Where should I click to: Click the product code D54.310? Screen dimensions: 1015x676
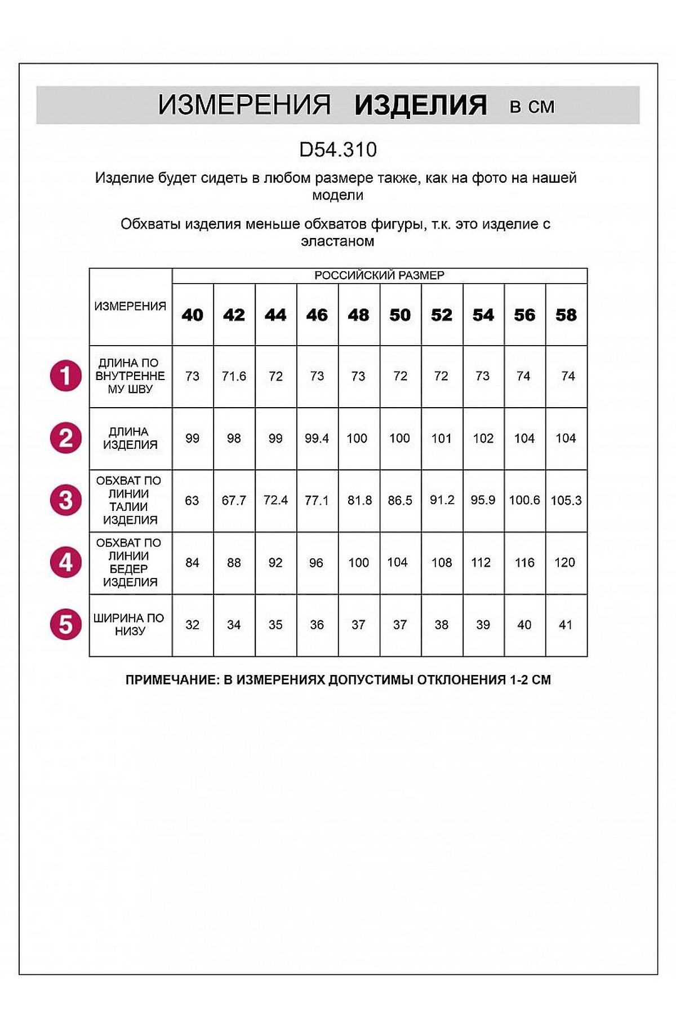pos(338,149)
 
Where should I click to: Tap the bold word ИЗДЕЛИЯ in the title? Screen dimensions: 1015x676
pos(420,105)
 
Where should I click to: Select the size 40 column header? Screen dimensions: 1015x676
pos(193,315)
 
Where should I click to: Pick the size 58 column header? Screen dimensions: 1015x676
pos(566,315)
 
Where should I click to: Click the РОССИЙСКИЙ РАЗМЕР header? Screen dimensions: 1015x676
pos(379,276)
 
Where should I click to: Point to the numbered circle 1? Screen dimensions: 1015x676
pos(66,376)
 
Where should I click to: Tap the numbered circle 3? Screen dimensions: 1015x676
pos(66,500)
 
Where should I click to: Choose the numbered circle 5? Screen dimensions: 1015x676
pos(66,625)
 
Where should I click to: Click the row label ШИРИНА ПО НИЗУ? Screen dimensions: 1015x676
pos(130,625)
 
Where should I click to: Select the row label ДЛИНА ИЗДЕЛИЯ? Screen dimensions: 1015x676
pos(130,438)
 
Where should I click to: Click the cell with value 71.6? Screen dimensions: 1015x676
pos(234,376)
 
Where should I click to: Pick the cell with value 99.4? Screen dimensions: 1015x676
pos(317,438)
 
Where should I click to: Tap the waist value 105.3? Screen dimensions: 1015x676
pos(566,500)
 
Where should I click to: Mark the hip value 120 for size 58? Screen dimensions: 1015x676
pos(565,562)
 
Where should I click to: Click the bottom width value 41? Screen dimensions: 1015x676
pos(566,625)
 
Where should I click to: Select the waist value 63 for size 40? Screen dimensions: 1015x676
pos(192,500)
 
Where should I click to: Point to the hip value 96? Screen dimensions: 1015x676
pos(317,562)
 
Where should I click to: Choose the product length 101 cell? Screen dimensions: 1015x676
pos(442,438)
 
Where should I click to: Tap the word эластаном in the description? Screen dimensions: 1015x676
pos(337,241)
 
